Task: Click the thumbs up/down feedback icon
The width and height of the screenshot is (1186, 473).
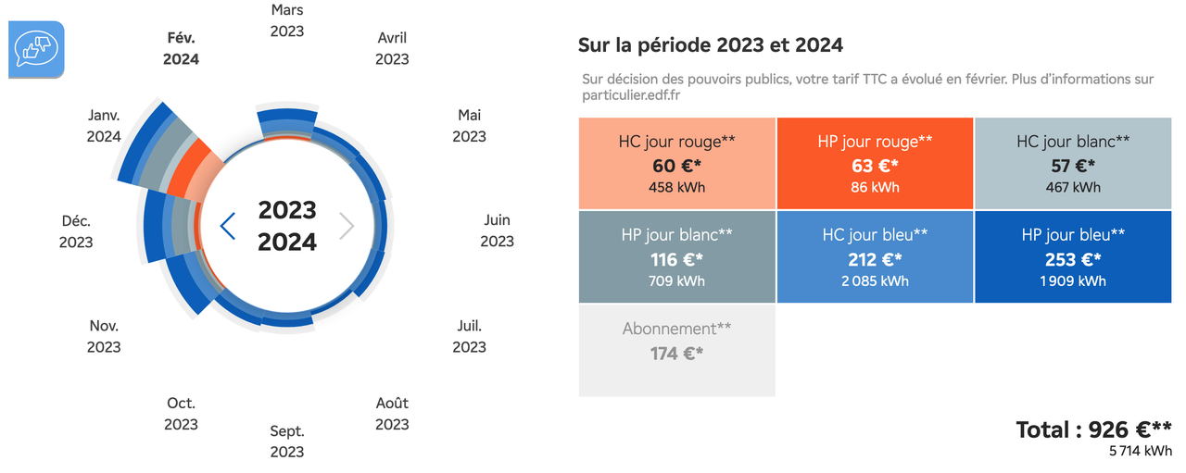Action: (x=36, y=49)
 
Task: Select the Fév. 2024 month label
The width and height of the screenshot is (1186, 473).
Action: (x=181, y=48)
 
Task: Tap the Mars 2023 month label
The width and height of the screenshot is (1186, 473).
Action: (x=287, y=20)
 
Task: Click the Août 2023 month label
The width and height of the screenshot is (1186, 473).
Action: (x=392, y=414)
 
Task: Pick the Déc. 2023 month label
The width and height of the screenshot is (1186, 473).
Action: (x=76, y=231)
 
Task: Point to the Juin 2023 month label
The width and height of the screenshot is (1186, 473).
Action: (x=497, y=230)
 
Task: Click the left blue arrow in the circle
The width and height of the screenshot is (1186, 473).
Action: (x=226, y=225)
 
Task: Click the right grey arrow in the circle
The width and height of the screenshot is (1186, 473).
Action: (x=347, y=225)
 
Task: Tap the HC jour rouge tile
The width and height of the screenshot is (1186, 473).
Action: (x=676, y=164)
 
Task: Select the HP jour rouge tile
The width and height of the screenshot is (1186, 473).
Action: (x=875, y=164)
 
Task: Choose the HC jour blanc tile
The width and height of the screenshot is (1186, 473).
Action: (x=1073, y=164)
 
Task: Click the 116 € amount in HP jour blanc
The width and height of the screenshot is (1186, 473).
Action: (x=676, y=260)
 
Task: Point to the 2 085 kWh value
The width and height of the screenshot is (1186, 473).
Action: (x=875, y=281)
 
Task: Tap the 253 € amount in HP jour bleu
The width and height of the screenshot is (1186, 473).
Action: (x=1073, y=260)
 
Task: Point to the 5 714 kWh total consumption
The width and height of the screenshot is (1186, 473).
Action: (x=1140, y=452)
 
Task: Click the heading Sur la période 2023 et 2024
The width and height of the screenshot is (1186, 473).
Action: (x=710, y=44)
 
